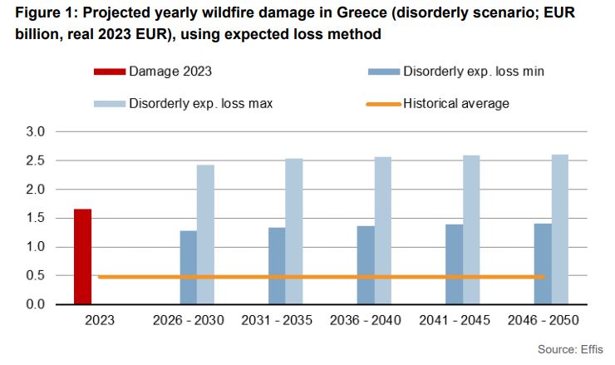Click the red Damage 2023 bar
tap(82, 257)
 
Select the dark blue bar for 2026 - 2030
tap(189, 268)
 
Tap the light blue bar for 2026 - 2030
tap(205, 234)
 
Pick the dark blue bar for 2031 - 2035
tap(277, 266)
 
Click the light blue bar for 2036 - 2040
tap(382, 230)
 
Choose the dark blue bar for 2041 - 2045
tap(454, 264)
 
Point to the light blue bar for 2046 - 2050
tap(559, 229)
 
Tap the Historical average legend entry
tap(456, 104)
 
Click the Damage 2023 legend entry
tap(170, 72)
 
